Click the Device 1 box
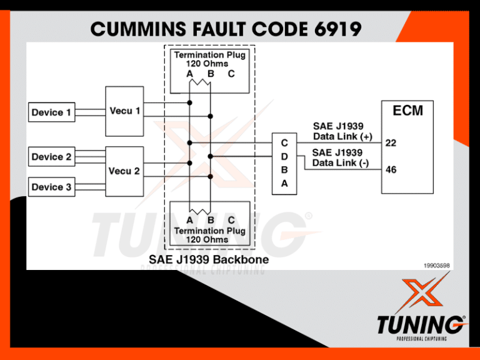coord(51,112)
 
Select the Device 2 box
coord(51,157)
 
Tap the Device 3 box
coord(51,187)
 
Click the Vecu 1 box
coord(124,111)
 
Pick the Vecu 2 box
coord(124,171)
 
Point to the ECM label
coord(407,111)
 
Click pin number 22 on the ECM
coord(391,143)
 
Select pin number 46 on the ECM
coord(391,169)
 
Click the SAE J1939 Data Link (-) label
coord(341,157)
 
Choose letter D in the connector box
coord(284,156)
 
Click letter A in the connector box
coord(284,184)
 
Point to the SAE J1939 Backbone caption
coord(209,259)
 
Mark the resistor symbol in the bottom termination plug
coord(201,211)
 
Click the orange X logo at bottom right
coord(420,294)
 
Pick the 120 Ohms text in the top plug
coord(209,64)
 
